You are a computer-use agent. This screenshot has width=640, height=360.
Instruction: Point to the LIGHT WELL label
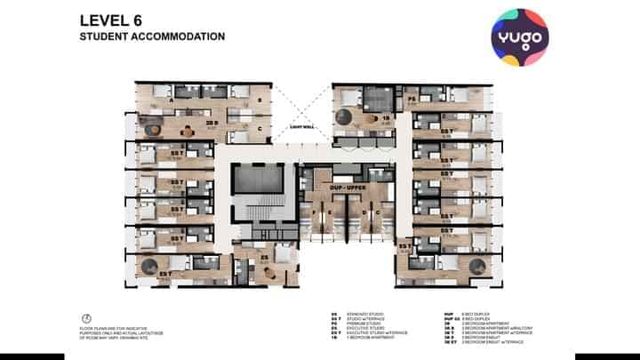(303, 127)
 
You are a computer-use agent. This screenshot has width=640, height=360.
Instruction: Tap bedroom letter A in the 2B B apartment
(170, 100)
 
